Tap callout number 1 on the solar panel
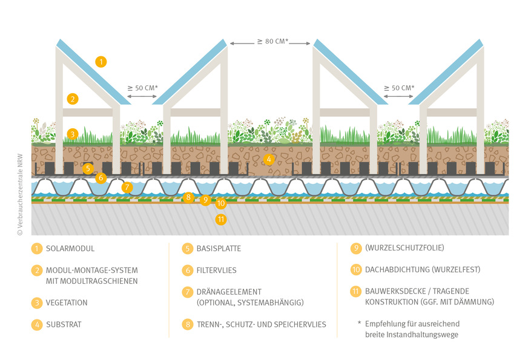(x=101, y=61)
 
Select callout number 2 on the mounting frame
(x=73, y=99)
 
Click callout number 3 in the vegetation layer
(x=73, y=134)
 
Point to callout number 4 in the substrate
(x=269, y=160)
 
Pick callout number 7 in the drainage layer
(x=127, y=187)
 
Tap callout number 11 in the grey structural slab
(x=221, y=219)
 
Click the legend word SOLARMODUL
(x=70, y=249)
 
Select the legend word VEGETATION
(x=67, y=303)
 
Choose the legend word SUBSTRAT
(x=64, y=324)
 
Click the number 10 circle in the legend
(x=356, y=270)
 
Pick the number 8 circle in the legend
(x=188, y=324)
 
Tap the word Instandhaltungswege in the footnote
(x=431, y=335)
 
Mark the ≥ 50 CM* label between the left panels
(x=142, y=88)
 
